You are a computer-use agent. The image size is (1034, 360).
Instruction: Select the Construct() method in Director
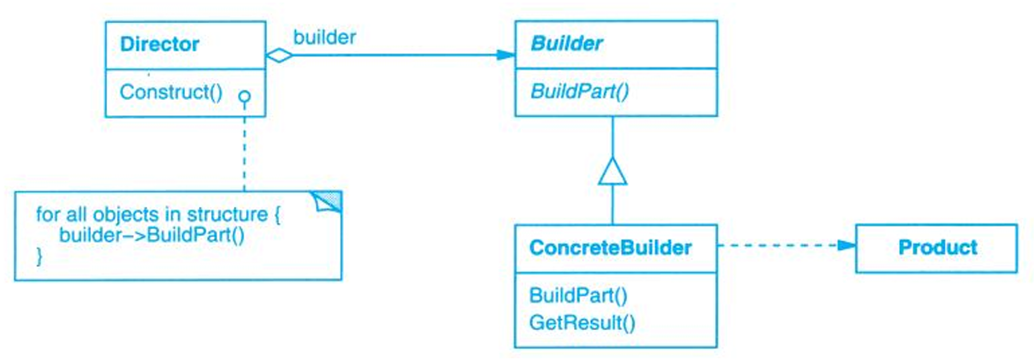[170, 91]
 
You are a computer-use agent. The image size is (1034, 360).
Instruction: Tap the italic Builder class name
[566, 44]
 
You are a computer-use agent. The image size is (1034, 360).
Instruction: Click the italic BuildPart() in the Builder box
[580, 91]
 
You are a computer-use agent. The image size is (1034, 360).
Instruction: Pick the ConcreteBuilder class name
[610, 248]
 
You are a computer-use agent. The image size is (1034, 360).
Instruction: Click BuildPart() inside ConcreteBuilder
[578, 297]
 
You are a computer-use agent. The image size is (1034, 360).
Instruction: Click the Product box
[937, 248]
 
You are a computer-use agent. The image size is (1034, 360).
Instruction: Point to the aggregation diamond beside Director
[278, 56]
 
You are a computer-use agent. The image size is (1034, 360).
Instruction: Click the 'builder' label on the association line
[324, 37]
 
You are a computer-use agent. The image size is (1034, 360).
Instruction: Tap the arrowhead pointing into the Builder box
[505, 56]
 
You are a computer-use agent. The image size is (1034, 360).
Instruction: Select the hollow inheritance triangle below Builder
[612, 173]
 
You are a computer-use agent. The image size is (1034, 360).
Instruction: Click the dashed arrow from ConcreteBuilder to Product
[778, 246]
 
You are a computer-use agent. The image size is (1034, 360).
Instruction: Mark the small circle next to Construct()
[244, 96]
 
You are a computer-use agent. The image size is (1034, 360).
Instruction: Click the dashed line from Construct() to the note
[244, 145]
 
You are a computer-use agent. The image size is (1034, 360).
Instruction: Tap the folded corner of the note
[328, 203]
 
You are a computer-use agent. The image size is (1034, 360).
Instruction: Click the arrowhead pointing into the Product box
[846, 246]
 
